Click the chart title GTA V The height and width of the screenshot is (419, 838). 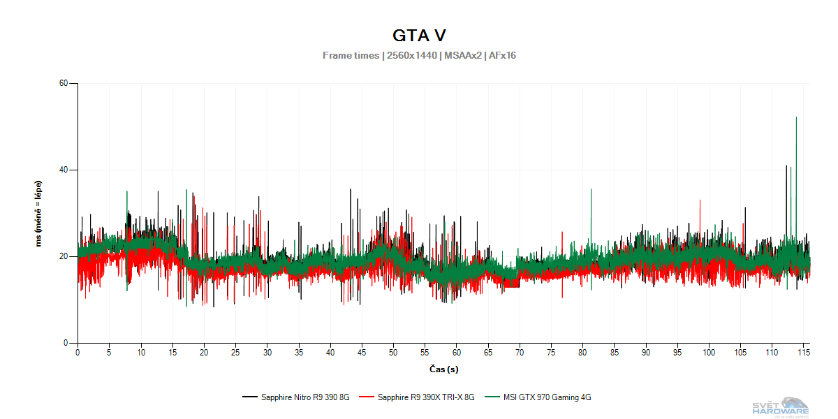tap(419, 35)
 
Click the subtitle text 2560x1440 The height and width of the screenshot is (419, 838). tap(411, 55)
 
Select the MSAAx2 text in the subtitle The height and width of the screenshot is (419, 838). tap(462, 55)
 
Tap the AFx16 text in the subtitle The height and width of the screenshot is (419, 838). tap(502, 55)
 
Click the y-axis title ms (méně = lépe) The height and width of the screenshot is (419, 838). tap(39, 213)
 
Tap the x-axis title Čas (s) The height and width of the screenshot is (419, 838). tap(443, 369)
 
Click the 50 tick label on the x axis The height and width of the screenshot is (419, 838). tap(393, 353)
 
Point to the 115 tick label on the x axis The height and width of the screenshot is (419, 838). tap(804, 353)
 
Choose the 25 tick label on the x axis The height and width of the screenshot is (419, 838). tap(235, 353)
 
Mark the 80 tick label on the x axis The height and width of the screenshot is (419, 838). tap(582, 353)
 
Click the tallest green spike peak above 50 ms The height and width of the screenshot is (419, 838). tap(796, 117)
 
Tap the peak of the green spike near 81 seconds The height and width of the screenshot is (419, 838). tap(591, 189)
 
